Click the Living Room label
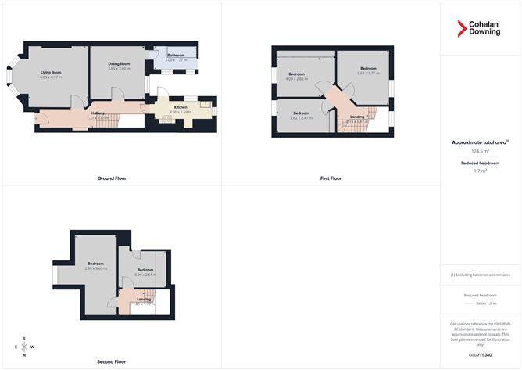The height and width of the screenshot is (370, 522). click(x=51, y=73)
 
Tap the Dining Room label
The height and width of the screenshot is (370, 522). click(x=119, y=63)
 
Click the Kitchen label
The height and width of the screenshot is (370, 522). click(x=181, y=107)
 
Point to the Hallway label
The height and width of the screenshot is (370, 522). click(x=98, y=113)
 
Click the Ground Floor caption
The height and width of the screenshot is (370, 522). click(x=112, y=178)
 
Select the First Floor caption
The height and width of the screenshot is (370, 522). click(x=331, y=178)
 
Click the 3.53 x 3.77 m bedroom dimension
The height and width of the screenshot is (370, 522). click(x=368, y=73)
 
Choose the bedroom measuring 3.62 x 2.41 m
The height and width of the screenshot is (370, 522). click(x=301, y=117)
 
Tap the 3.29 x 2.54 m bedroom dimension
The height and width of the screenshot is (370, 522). click(x=145, y=274)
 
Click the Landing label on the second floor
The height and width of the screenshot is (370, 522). click(x=144, y=299)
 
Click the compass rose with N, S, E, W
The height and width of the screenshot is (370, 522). click(x=26, y=347)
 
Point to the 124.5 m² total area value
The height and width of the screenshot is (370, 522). click(x=480, y=153)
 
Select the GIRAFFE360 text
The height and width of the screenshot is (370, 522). click(x=480, y=355)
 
